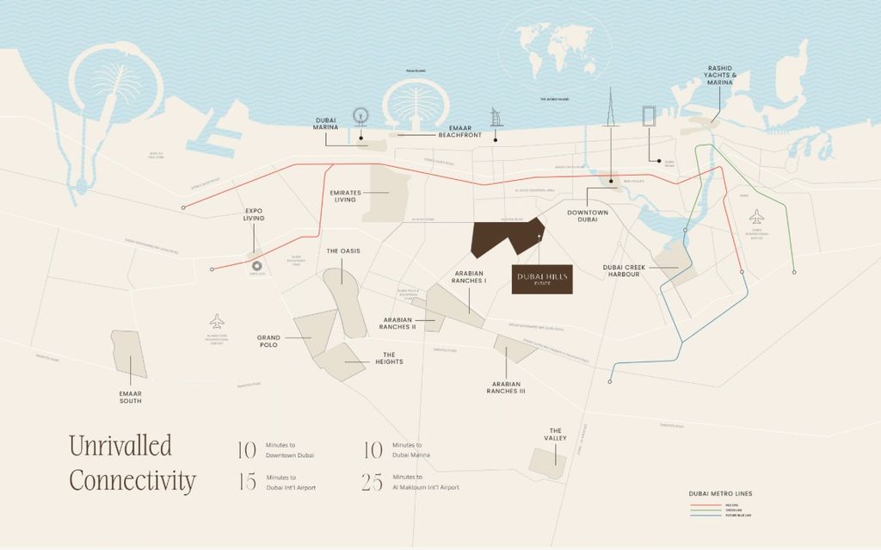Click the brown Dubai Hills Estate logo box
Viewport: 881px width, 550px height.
[542, 278]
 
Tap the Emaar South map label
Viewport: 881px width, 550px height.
[131, 397]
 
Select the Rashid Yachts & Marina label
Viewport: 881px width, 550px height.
[720, 76]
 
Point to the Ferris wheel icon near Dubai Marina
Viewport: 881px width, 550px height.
[360, 117]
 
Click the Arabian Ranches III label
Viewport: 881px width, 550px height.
[506, 387]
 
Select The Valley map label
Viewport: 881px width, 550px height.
[556, 435]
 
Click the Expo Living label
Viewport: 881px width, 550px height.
[253, 214]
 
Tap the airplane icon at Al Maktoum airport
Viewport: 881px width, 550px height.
[217, 321]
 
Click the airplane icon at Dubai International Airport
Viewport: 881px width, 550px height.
[756, 215]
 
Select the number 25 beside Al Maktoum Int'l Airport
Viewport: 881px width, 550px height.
[372, 483]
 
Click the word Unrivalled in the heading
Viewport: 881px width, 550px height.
[120, 446]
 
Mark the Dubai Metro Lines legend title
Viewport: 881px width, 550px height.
[721, 493]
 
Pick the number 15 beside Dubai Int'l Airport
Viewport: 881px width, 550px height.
[247, 483]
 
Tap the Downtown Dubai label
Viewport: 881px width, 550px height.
[588, 216]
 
